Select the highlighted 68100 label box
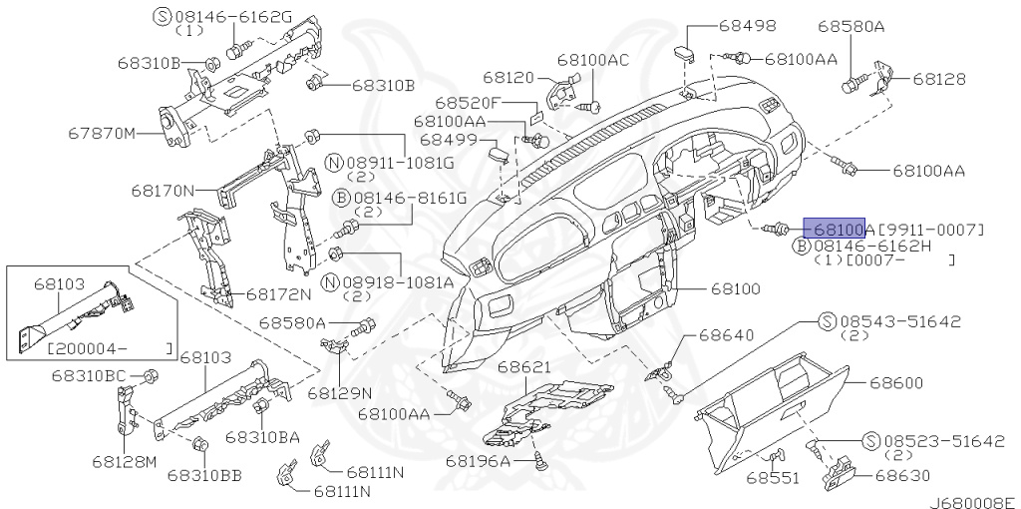point(835,229)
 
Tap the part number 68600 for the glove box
point(895,382)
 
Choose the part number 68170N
point(163,189)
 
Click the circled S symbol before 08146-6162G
point(163,16)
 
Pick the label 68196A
point(478,460)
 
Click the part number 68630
point(901,476)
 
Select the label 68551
point(773,478)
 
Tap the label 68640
point(726,335)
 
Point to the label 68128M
point(125,461)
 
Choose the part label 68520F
point(467,103)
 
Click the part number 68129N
point(339,392)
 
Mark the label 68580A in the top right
point(851,27)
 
